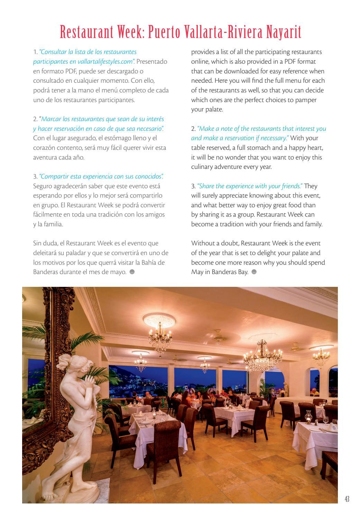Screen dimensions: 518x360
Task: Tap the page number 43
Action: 347,499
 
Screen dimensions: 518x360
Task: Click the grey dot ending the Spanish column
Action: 132,272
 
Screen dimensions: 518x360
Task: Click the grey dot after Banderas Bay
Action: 254,272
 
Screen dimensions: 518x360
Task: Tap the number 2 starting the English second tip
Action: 193,129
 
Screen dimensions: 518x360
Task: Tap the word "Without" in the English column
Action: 202,243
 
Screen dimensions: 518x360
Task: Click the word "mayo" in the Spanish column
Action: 119,272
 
